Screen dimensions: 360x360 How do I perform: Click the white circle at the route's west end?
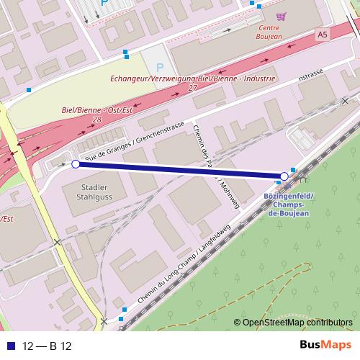point(76,165)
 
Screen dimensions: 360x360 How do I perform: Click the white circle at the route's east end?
point(284,176)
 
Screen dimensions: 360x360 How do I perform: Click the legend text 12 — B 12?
point(48,346)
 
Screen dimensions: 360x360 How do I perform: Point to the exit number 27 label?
point(192,88)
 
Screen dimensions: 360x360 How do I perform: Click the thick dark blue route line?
point(180,171)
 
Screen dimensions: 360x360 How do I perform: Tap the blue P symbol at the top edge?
point(104,4)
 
